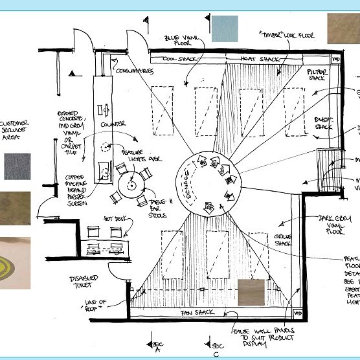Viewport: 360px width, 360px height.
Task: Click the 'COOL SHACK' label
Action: (179, 59)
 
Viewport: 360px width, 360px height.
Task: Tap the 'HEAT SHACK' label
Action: (260, 59)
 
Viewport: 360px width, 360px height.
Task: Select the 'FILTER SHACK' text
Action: (317, 74)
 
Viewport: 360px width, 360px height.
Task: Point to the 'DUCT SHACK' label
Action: (323, 123)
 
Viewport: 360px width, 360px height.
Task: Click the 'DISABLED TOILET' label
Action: (84, 283)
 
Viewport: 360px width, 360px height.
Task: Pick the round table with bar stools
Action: (131, 185)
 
